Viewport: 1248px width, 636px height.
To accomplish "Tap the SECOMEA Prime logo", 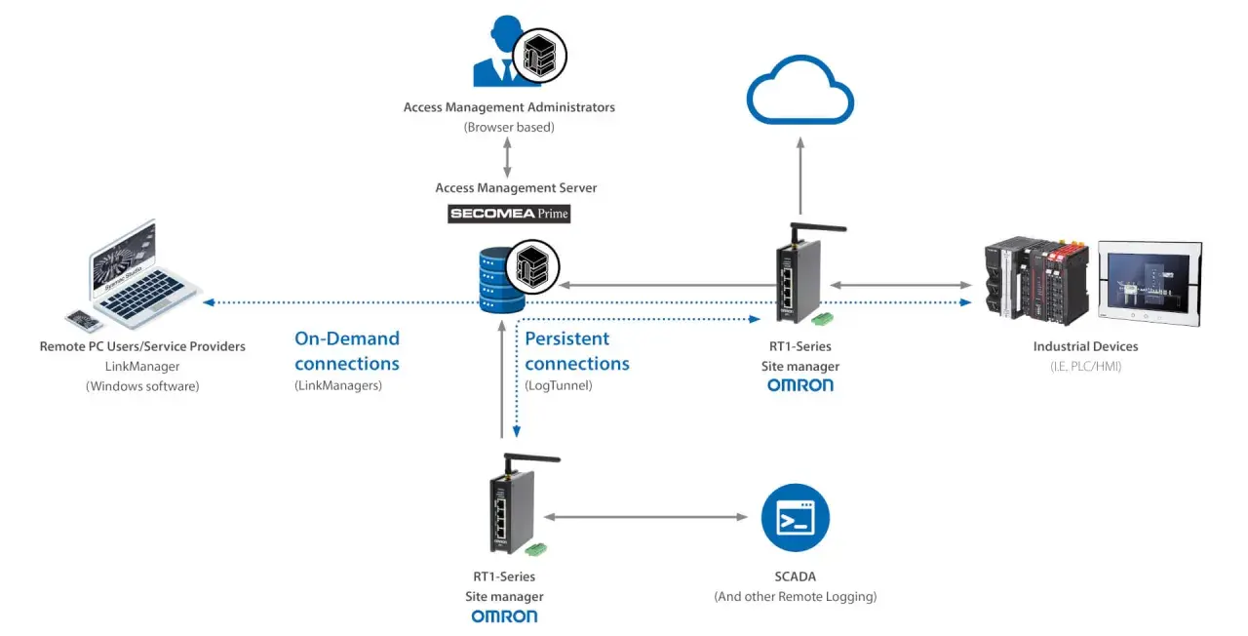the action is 509,214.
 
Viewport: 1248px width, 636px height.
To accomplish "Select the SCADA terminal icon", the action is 795,518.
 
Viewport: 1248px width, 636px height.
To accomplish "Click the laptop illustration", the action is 143,272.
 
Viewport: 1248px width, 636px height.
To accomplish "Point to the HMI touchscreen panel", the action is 1150,283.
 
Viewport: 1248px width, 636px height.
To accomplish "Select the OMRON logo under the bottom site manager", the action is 504,616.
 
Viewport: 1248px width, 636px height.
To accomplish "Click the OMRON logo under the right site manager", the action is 800,385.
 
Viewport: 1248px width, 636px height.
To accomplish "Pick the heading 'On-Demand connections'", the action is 346,350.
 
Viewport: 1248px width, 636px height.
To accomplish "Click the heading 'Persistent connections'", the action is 576,350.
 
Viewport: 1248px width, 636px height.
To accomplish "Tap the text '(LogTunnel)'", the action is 559,385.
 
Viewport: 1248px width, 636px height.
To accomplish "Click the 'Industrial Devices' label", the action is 1085,346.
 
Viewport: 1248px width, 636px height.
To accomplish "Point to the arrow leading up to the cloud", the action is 800,176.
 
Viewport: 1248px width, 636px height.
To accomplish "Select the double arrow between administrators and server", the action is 507,157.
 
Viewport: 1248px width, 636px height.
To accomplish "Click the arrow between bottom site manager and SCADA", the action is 645,517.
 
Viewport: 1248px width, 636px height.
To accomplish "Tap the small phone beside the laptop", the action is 84,320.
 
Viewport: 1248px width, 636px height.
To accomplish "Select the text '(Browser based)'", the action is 509,127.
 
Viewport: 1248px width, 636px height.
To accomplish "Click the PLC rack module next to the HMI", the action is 1036,281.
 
